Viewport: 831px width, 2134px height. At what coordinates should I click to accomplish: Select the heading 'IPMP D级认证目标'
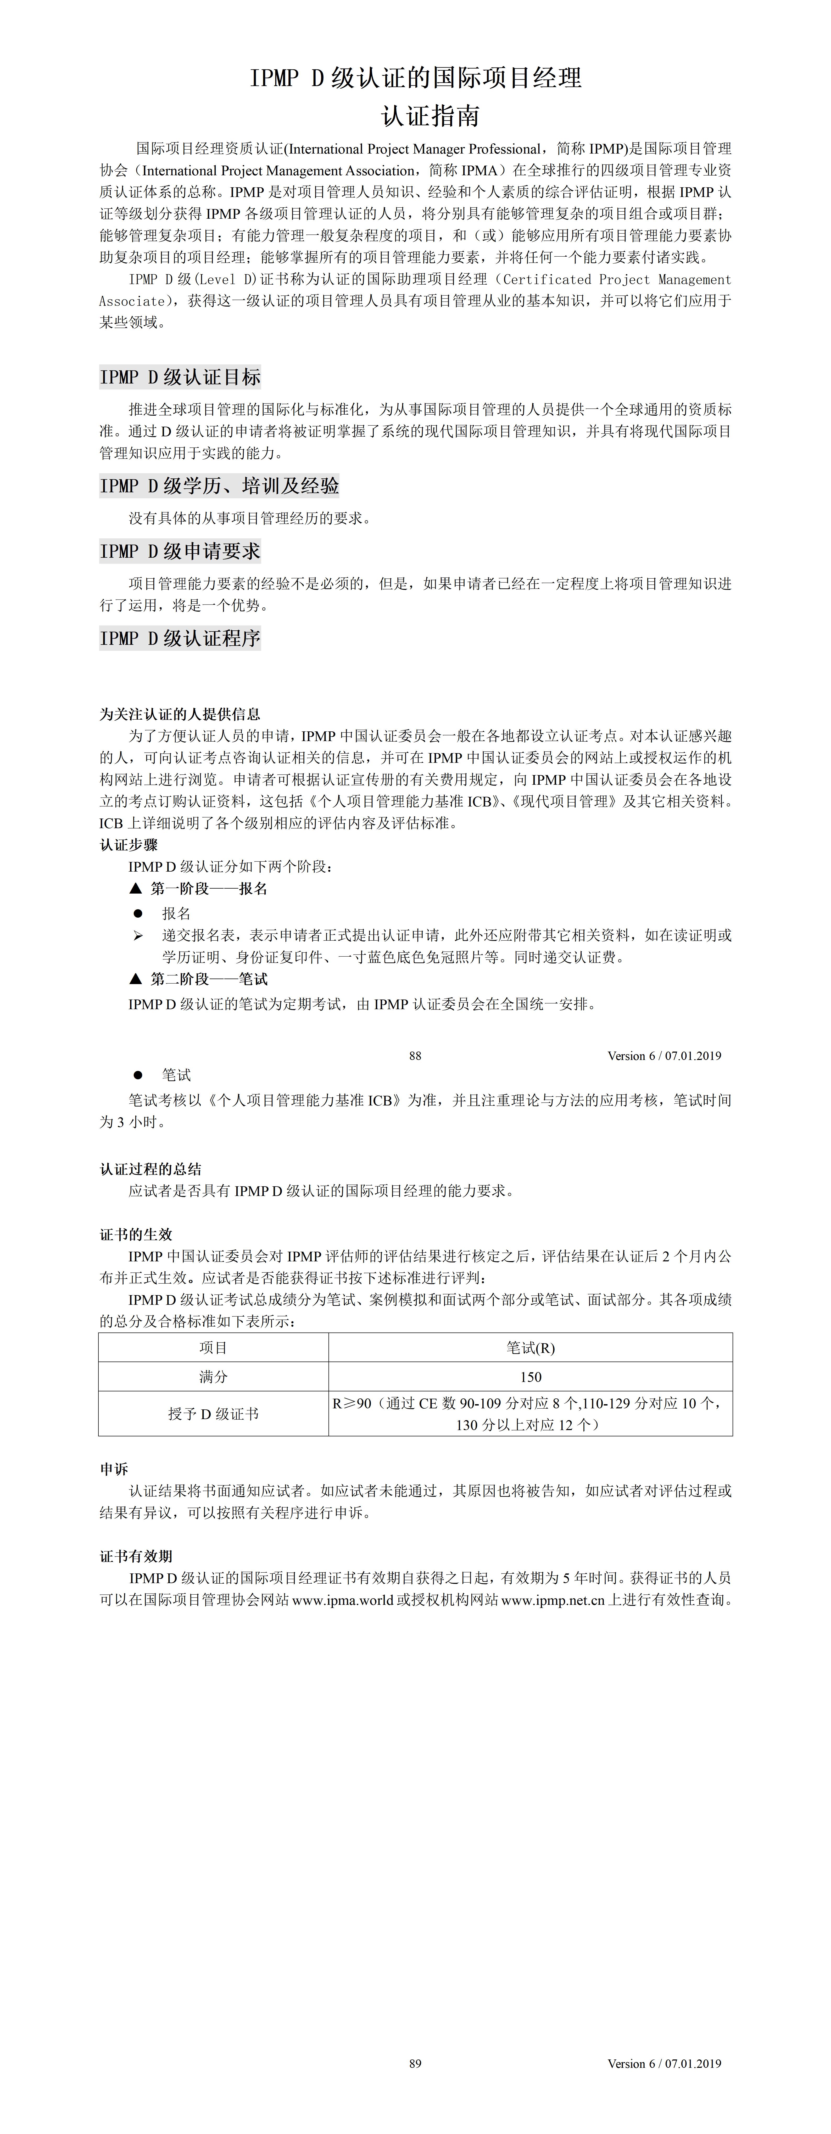coord(180,377)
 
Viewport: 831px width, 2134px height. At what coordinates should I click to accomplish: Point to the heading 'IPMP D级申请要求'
coord(180,551)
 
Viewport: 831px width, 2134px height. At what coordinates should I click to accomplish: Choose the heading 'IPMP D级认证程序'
coord(180,638)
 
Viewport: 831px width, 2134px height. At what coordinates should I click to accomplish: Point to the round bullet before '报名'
coord(138,913)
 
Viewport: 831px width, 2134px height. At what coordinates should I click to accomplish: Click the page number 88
coord(415,1055)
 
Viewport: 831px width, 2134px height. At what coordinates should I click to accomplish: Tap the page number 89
coord(415,2064)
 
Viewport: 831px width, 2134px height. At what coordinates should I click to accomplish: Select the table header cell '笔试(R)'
coord(530,1348)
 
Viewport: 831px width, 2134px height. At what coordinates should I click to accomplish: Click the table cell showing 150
coord(530,1377)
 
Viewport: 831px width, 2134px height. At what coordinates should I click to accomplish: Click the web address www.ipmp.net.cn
coord(553,1600)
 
